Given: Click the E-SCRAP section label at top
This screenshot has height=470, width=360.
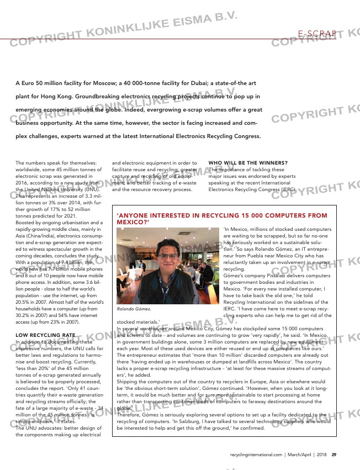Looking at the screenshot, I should [317, 34].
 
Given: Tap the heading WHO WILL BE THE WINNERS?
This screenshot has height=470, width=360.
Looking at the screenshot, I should [248, 162].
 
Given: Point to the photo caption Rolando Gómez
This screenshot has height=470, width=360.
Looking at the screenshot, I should [134, 309].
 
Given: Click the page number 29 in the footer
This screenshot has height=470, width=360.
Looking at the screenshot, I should [334, 455].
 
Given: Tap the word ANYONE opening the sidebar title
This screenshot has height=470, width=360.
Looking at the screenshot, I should [134, 215].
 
